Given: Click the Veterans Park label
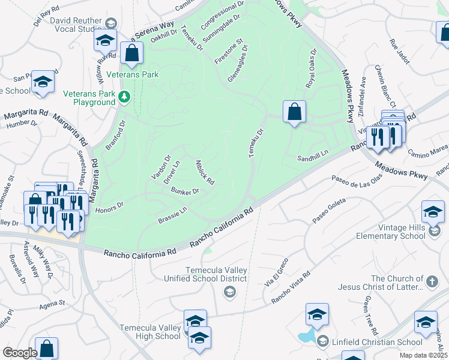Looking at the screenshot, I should pyautogui.click(x=132, y=75).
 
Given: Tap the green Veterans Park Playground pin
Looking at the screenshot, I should pyautogui.click(x=124, y=96).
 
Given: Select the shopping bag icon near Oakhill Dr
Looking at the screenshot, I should pyautogui.click(x=131, y=53).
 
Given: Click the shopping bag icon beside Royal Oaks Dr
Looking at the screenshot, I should pyautogui.click(x=294, y=112).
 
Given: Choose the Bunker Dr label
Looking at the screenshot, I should pyautogui.click(x=185, y=191).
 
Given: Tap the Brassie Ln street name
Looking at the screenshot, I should pyautogui.click(x=173, y=214).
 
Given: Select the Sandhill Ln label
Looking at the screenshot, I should pyautogui.click(x=313, y=157).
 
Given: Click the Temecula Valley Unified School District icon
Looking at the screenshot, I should pyautogui.click(x=229, y=292).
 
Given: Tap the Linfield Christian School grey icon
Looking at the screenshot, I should pyautogui.click(x=322, y=341).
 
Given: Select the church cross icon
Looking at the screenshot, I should pyautogui.click(x=431, y=282).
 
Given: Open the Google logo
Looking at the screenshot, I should pyautogui.click(x=20, y=353).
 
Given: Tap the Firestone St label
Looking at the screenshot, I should pyautogui.click(x=229, y=52).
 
